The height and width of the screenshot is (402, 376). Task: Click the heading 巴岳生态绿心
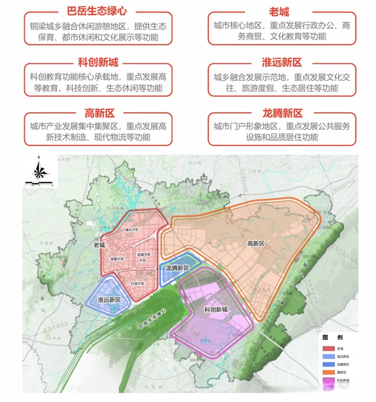point(98,11)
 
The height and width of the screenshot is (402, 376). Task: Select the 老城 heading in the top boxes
point(278,11)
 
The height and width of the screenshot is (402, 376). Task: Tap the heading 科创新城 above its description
point(98,62)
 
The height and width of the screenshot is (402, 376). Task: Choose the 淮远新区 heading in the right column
point(278,62)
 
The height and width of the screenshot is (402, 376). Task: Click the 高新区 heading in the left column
point(98,113)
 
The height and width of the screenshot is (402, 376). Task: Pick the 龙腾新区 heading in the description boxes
point(278,113)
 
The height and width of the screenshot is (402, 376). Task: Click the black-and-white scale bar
point(39,183)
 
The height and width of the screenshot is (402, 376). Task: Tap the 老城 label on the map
point(99,245)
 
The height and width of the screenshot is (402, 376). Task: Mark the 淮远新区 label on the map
point(109,300)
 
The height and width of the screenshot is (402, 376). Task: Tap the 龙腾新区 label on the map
point(177,268)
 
